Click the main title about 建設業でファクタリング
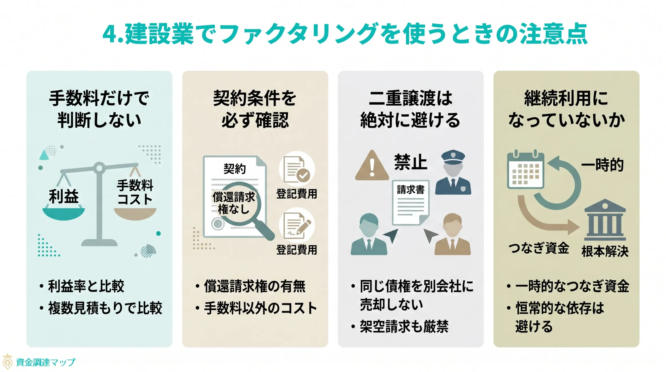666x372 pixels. tap(345, 34)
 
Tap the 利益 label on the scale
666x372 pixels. tap(63, 197)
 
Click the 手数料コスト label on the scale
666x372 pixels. tap(135, 192)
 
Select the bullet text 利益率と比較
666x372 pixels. tap(86, 286)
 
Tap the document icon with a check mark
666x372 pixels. tap(297, 169)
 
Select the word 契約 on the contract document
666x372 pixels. tap(234, 169)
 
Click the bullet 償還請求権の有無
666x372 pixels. tap(254, 286)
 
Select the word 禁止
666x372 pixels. tap(411, 162)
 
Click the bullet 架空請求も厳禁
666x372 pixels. tap(404, 326)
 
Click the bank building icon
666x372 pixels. tap(605, 220)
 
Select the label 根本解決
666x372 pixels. tap(605, 251)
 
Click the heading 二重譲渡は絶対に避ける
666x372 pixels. tap(411, 109)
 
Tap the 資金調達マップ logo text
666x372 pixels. tap(46, 362)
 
